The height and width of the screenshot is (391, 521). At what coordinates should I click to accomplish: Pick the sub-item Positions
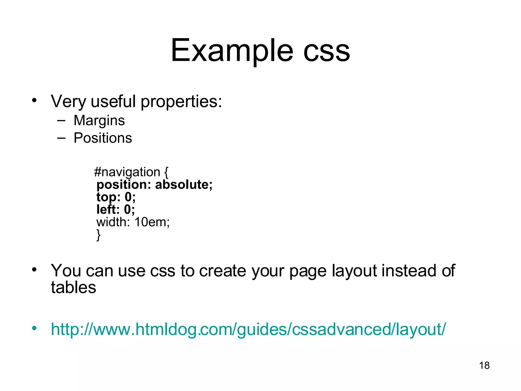(103, 138)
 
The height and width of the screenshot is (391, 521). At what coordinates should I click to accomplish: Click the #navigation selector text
(127, 172)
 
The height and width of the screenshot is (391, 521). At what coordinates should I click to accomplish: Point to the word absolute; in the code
(184, 185)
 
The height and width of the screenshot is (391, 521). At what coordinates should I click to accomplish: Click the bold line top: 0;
(116, 197)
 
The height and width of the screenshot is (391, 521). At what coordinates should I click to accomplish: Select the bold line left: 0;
(115, 210)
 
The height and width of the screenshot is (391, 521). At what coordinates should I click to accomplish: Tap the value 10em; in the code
(152, 222)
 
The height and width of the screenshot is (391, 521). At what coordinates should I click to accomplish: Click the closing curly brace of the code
(98, 234)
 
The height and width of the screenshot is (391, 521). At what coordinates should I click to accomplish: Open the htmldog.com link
(248, 329)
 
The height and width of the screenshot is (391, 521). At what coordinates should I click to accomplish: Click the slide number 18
(484, 366)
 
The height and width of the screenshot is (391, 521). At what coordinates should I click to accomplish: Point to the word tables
(74, 288)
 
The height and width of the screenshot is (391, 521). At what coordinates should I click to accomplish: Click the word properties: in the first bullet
(181, 102)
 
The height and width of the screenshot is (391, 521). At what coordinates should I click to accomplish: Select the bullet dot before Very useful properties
(34, 100)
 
